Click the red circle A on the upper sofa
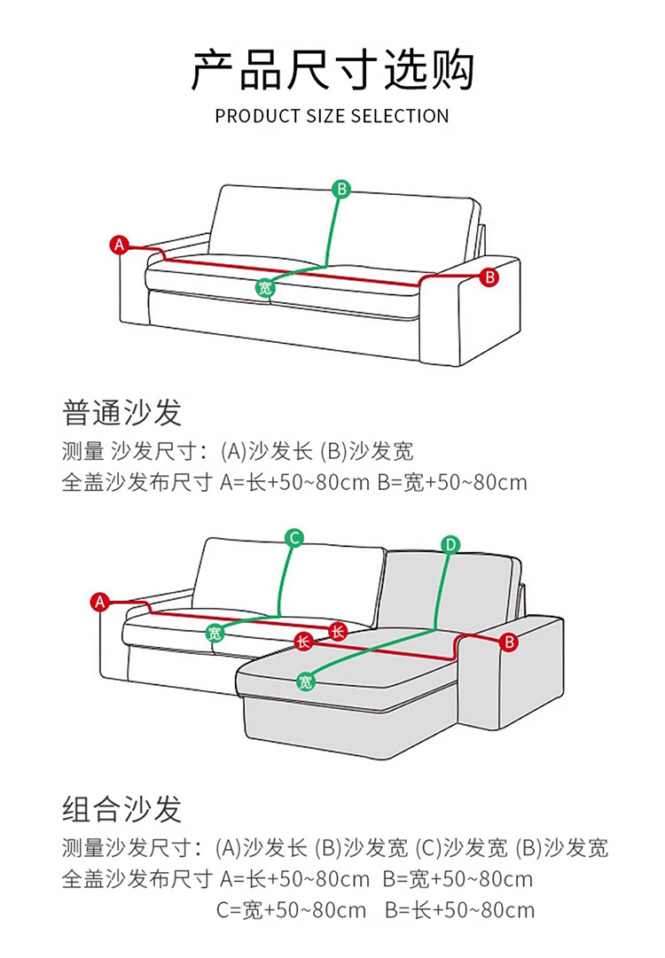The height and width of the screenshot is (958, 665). [121, 245]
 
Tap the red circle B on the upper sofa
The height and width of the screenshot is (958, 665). [489, 277]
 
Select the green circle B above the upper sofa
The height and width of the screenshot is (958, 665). [341, 189]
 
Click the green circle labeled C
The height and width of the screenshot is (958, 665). [295, 537]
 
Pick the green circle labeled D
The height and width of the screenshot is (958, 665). [450, 544]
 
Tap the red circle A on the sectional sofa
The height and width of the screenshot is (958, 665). [99, 602]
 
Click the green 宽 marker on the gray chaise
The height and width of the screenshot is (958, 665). [306, 681]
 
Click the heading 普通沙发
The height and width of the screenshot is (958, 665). [122, 412]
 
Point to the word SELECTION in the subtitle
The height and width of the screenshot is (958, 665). [400, 116]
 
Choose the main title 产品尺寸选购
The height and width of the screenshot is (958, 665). [332, 71]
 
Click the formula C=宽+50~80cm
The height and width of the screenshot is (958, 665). [291, 910]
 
